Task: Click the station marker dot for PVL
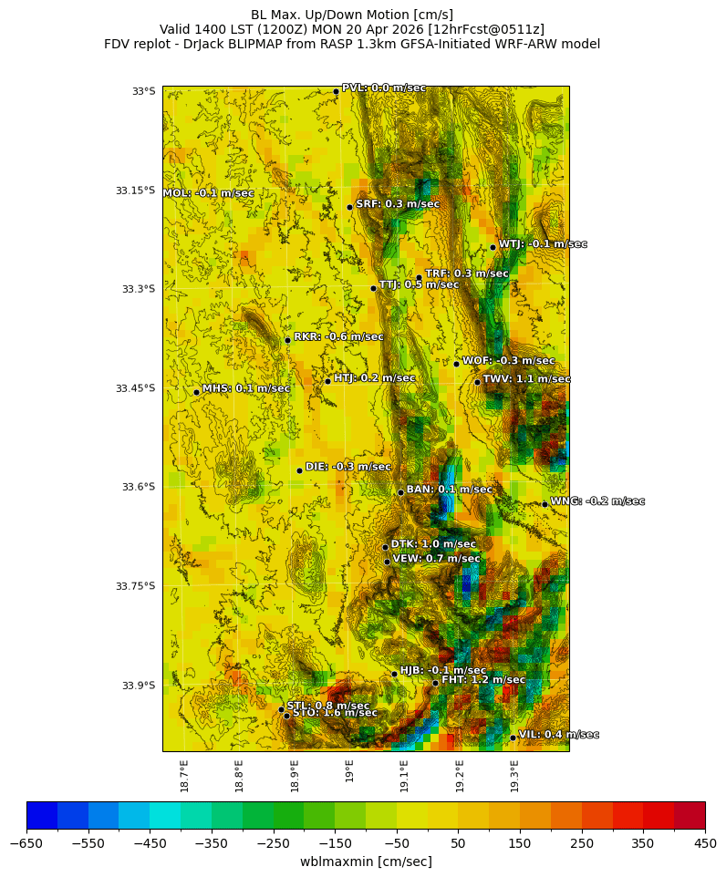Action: [x=336, y=91]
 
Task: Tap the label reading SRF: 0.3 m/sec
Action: [x=398, y=204]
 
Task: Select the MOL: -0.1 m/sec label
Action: [x=208, y=193]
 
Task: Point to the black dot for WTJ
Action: [x=493, y=247]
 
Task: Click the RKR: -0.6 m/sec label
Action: [x=338, y=336]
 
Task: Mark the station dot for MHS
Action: [x=196, y=392]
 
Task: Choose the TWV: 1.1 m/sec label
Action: [x=526, y=379]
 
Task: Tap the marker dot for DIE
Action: [x=299, y=470]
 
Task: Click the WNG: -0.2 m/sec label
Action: [x=597, y=501]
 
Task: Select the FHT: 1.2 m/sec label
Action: [x=483, y=680]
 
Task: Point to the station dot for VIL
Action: [x=513, y=738]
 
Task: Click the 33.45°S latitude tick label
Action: [x=135, y=388]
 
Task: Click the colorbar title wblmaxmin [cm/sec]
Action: [x=366, y=862]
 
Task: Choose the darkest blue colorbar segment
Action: [x=42, y=815]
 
